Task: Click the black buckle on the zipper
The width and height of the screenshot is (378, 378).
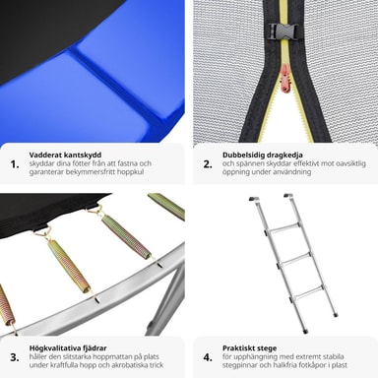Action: tap(283, 31)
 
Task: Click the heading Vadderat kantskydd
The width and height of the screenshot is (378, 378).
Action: tap(65, 155)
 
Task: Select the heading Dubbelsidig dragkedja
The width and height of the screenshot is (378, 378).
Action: tap(263, 155)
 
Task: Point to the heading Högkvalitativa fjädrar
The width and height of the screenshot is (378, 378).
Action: tap(68, 348)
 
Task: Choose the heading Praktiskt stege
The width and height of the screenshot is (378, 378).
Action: tap(249, 348)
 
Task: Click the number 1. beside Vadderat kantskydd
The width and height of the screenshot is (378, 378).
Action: tap(15, 164)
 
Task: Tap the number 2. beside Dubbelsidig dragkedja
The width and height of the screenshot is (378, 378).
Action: tap(208, 164)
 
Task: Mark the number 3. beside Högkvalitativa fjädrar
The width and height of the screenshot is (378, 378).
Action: tap(15, 357)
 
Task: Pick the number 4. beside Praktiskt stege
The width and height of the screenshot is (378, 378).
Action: tap(208, 357)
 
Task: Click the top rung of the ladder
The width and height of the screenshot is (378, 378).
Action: tap(283, 228)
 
